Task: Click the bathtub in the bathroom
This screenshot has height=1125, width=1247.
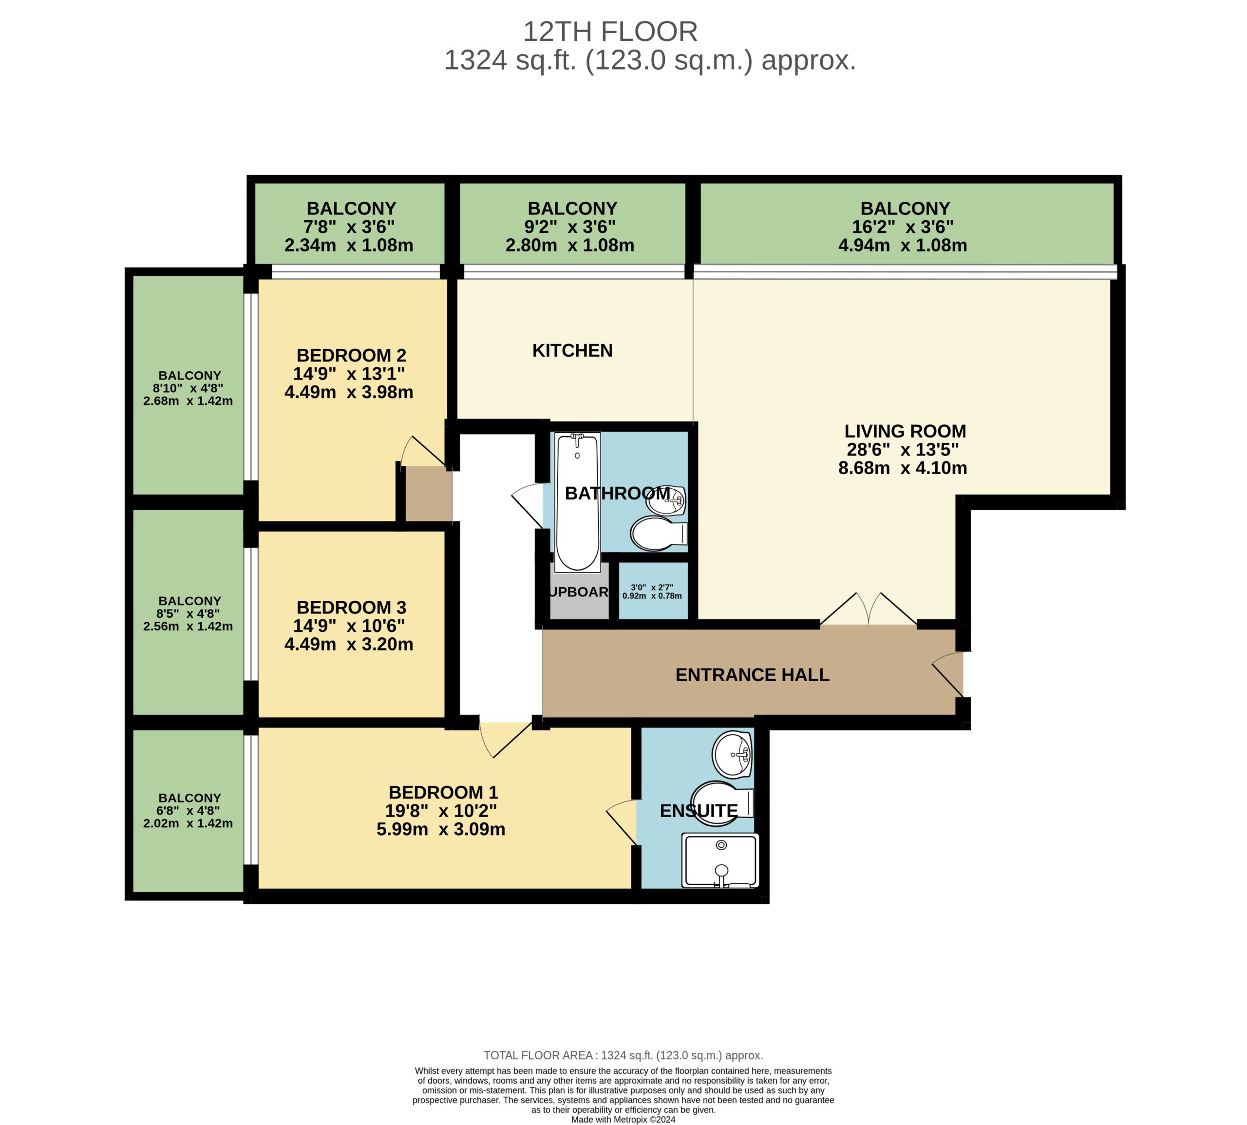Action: (x=577, y=502)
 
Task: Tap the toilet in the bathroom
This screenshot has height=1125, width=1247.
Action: (x=656, y=533)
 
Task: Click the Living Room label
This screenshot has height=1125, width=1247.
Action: (x=904, y=431)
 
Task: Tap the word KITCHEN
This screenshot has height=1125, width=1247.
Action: (x=572, y=350)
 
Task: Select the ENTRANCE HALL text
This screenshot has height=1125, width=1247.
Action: (x=752, y=674)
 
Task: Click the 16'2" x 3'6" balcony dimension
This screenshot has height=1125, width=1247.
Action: (x=902, y=227)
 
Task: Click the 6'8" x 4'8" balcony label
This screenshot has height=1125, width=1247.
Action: (x=188, y=810)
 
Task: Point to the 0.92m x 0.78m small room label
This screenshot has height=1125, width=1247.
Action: (x=652, y=596)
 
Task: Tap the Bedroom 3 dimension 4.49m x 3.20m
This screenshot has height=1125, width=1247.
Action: (x=348, y=644)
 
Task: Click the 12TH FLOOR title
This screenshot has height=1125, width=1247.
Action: (x=610, y=32)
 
